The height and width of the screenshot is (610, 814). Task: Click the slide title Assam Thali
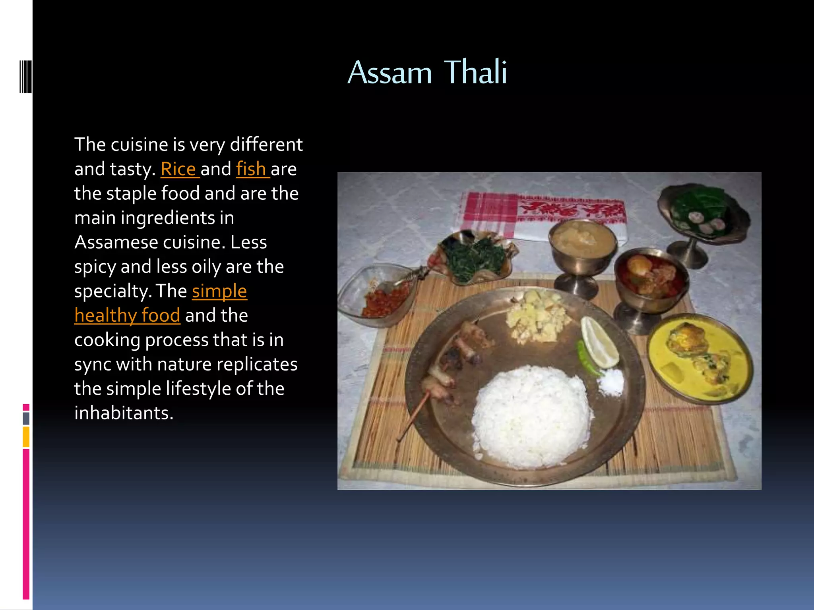pyautogui.click(x=427, y=72)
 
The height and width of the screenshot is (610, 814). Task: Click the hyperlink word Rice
pyautogui.click(x=178, y=169)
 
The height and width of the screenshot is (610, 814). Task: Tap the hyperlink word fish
pyautogui.click(x=251, y=169)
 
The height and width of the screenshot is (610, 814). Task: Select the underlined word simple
pyautogui.click(x=219, y=291)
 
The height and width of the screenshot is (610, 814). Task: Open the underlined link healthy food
pyautogui.click(x=127, y=316)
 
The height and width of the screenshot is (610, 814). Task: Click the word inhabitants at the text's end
pyautogui.click(x=124, y=413)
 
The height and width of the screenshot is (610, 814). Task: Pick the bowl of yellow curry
pyautogui.click(x=700, y=357)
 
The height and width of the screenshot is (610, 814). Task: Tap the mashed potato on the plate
pyautogui.click(x=537, y=316)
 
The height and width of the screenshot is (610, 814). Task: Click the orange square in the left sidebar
pyautogui.click(x=26, y=436)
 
